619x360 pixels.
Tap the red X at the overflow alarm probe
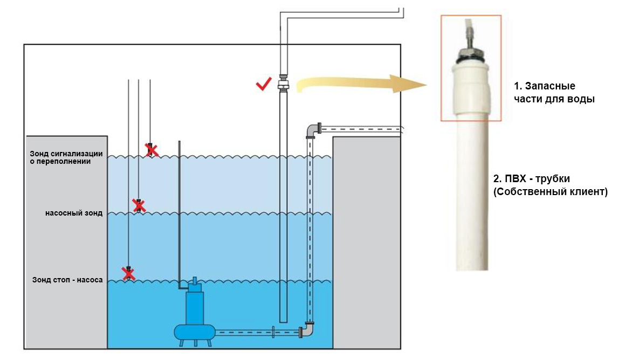152,150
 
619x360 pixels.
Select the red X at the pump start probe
139,205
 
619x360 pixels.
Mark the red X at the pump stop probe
128,274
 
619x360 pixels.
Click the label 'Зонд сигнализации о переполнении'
66,157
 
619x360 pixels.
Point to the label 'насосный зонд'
74,213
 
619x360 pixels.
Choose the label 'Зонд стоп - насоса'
67,280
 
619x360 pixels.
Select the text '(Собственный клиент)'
551,192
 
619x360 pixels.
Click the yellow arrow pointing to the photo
361,84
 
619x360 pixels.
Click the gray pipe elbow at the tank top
312,131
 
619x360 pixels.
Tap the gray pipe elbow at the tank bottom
307,330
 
